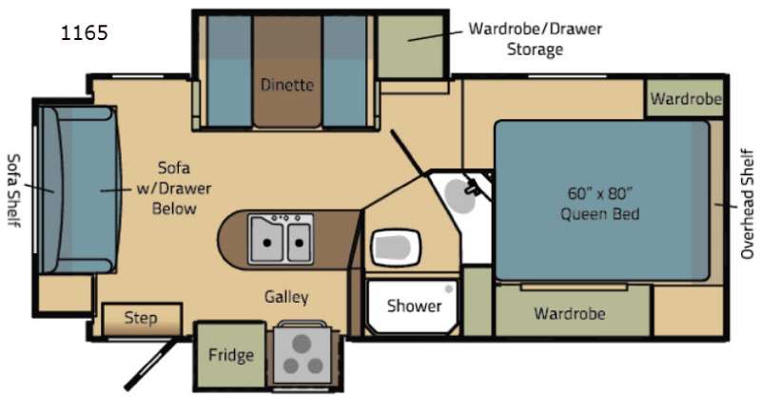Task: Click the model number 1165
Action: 85,33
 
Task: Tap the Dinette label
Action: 287,85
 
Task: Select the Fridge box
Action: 230,355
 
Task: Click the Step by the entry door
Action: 141,319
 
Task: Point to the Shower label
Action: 414,306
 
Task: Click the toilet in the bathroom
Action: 396,248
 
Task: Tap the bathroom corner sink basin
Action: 459,195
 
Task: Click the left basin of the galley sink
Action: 266,239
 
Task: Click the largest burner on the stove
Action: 302,344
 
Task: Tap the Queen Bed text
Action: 600,214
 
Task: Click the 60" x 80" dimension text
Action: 600,193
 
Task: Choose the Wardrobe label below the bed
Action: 569,313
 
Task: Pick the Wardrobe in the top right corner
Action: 686,99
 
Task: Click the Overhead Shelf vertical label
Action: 748,204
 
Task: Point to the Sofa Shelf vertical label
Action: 13,190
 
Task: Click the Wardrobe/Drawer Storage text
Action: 535,39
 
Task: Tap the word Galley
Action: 286,297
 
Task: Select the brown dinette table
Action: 287,71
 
